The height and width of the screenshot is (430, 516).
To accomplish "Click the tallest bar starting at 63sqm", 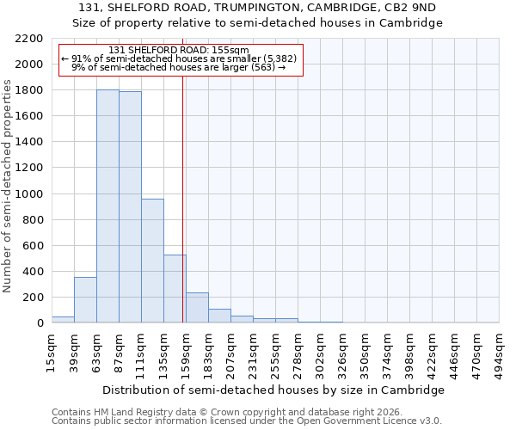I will pos(107,206).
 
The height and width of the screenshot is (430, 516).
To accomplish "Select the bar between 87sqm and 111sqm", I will pos(130,207).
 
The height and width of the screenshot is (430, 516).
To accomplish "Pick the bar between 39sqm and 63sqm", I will pos(85,300).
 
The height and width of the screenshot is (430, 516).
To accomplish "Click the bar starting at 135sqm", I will pos(175,289).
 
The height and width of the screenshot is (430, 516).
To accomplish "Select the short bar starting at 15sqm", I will pos(63,320).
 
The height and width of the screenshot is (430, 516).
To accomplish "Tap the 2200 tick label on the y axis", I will pos(29,39).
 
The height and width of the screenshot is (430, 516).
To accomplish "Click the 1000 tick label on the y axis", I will pos(29,194).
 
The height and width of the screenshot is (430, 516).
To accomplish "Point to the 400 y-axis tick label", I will pos(33,272).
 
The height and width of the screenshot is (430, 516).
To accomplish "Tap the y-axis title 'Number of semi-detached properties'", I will pos(9,186).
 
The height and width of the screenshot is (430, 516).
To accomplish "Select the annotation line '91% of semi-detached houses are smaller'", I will pos(179,58).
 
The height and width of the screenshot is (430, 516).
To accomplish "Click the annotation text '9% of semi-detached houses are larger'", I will pos(179,67).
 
